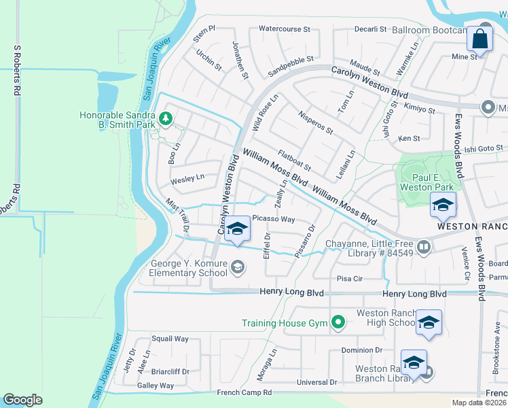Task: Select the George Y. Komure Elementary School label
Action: coord(179,268)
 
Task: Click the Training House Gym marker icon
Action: coord(338,322)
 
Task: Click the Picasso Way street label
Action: coord(274,219)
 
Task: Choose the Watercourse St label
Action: coord(285,30)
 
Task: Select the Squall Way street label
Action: coord(170,339)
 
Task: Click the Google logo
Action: coord(22,399)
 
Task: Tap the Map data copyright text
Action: coord(479,403)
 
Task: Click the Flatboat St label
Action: coord(294,162)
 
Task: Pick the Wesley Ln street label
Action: coord(187,179)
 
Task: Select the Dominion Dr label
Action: coord(362,350)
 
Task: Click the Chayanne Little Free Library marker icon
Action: coord(424,246)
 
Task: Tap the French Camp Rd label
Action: coord(244,393)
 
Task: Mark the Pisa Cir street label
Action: coord(350,279)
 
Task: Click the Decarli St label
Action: coord(370,30)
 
